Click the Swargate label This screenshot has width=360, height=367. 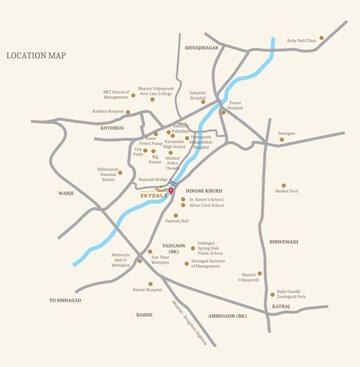(287, 132)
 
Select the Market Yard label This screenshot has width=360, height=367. (287, 189)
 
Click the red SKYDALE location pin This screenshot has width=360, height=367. (171, 190)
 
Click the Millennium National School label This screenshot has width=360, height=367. (108, 174)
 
